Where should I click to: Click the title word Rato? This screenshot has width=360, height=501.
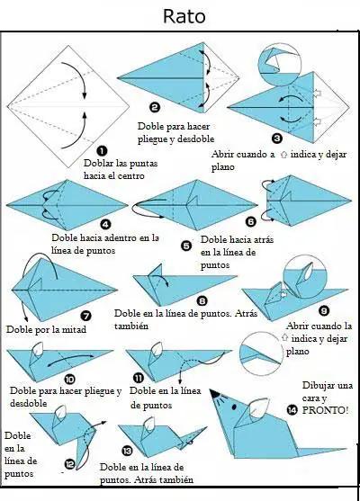184,16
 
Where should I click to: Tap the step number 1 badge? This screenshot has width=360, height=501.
102,151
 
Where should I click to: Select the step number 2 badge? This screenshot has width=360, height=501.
155,107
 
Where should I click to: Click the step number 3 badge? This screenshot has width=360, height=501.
277,138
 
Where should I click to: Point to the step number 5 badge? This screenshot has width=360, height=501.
186,246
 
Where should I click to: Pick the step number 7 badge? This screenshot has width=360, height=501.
85,317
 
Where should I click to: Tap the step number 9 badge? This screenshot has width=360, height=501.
324,310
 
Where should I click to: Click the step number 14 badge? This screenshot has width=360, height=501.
292,410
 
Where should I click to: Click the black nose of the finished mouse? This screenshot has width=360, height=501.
214,394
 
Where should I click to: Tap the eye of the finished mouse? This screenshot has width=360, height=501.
234,407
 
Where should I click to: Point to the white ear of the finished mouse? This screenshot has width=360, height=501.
258,407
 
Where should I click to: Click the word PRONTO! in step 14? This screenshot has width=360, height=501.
325,410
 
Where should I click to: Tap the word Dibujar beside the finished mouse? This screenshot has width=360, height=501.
318,386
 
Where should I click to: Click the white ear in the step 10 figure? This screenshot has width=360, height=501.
38,349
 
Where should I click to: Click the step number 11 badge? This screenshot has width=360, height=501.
139,379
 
